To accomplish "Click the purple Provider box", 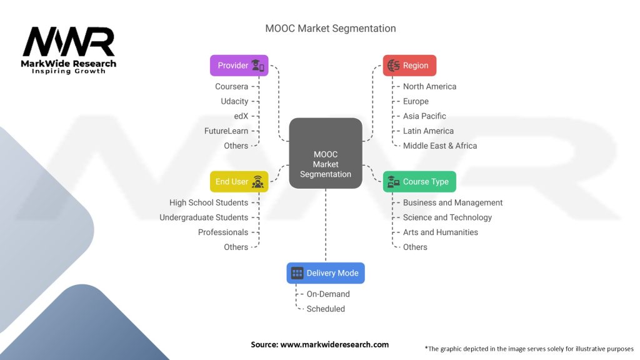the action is click(x=239, y=65).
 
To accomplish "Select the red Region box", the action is click(x=409, y=65).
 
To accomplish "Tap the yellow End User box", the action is click(x=239, y=182).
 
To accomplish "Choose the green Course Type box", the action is click(x=419, y=182).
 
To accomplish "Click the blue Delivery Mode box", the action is click(x=325, y=273).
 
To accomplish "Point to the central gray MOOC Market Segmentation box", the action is click(x=325, y=154).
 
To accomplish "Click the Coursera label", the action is click(x=231, y=86).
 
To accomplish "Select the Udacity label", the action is click(x=234, y=101).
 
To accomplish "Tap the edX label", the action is click(x=241, y=116).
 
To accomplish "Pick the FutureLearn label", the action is click(x=226, y=131).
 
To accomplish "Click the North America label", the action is click(x=429, y=86).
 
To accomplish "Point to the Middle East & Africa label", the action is click(x=439, y=146).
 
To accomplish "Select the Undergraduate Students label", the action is click(x=204, y=217).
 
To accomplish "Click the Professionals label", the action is click(x=223, y=232).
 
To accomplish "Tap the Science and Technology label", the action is click(x=447, y=217).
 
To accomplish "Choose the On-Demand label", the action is click(x=328, y=294).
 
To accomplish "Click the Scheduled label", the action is click(x=326, y=309).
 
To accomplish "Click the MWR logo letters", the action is click(x=69, y=41).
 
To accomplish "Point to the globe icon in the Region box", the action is click(x=394, y=65).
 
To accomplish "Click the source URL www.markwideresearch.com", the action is click(x=334, y=344).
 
